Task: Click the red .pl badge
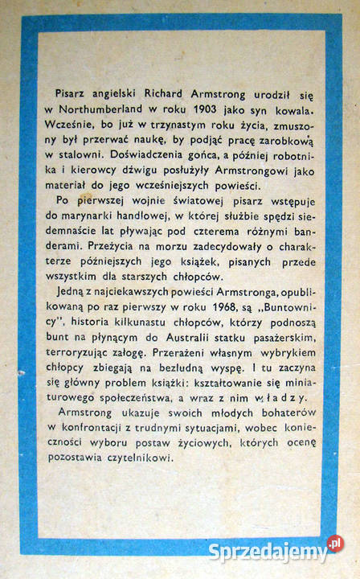[333, 544]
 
